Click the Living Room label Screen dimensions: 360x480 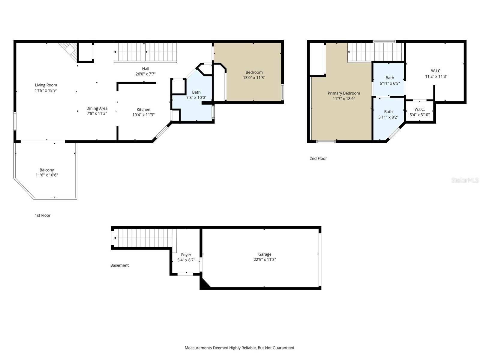click(x=46, y=85)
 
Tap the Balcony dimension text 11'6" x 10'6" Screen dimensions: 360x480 click(x=46, y=175)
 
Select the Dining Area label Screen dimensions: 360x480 click(x=97, y=108)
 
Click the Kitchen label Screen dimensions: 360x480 click(x=143, y=109)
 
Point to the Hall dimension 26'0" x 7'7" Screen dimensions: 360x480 click(x=145, y=74)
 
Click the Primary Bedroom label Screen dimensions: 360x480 click(x=343, y=93)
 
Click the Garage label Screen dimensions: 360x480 click(x=265, y=254)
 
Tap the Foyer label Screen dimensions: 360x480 click(x=186, y=255)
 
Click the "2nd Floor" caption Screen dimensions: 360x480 click(x=318, y=158)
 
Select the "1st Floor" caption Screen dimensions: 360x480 click(x=43, y=215)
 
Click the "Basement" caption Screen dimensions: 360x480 click(x=119, y=265)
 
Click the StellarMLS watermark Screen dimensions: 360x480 click(x=465, y=180)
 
